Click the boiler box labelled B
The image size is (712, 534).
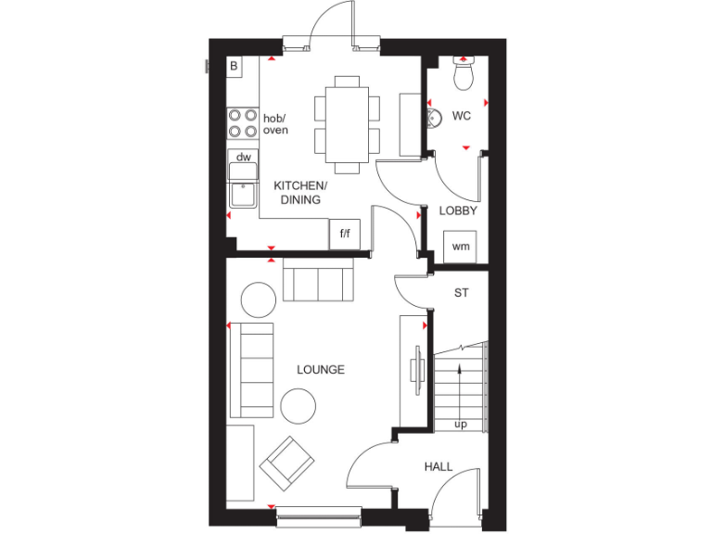pyautogui.click(x=234, y=66)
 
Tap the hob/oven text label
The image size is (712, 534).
pyautogui.click(x=275, y=124)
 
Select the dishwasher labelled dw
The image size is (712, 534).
pyautogui.click(x=243, y=158)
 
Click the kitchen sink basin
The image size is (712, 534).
pyautogui.click(x=242, y=194)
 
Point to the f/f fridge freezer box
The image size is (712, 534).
pyautogui.click(x=345, y=233)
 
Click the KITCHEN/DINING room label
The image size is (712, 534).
pyautogui.click(x=298, y=193)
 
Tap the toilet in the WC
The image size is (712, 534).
pyautogui.click(x=463, y=73)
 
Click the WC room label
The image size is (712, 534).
pyautogui.click(x=462, y=116)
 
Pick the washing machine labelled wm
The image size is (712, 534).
pyautogui.click(x=460, y=247)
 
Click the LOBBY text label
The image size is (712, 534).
pyautogui.click(x=458, y=210)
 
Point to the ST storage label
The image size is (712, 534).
pyautogui.click(x=461, y=293)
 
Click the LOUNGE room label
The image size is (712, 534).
pyautogui.click(x=321, y=370)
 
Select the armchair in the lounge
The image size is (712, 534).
pyautogui.click(x=286, y=463)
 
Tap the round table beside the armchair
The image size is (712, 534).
pyautogui.click(x=299, y=404)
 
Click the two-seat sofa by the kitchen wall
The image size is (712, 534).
pyautogui.click(x=318, y=282)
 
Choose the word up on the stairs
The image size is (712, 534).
pyautogui.click(x=460, y=425)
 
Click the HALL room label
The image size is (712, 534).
pyautogui.click(x=439, y=466)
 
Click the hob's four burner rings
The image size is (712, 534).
pyautogui.click(x=243, y=123)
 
